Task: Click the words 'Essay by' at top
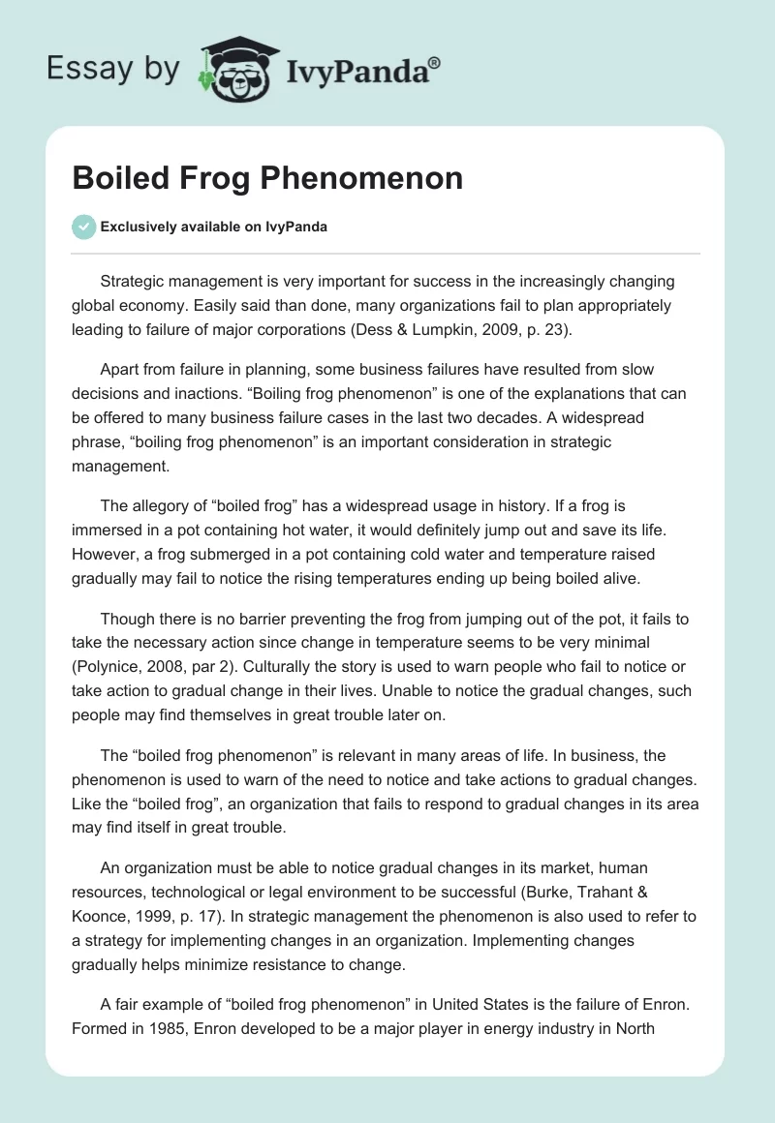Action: pos(112,70)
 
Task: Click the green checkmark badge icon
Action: pos(83,227)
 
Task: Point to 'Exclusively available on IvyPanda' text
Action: pos(213,227)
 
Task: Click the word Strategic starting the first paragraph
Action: pos(134,282)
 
